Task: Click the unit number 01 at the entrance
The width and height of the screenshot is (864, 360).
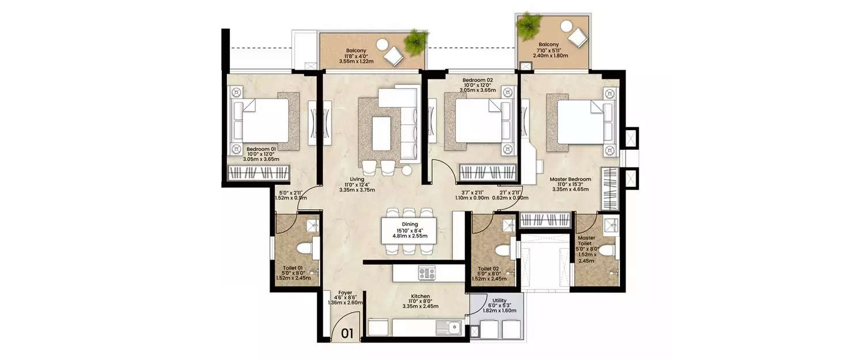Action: (347, 333)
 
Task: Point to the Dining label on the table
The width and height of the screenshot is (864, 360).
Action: (410, 225)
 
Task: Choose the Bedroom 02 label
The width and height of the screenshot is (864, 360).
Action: (478, 80)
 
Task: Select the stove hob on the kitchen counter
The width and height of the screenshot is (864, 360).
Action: (427, 272)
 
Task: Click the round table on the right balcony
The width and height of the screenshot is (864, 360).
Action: (567, 26)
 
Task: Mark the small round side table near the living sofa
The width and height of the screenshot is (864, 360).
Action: (407, 170)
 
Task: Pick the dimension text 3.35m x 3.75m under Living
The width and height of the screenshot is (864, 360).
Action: (357, 190)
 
